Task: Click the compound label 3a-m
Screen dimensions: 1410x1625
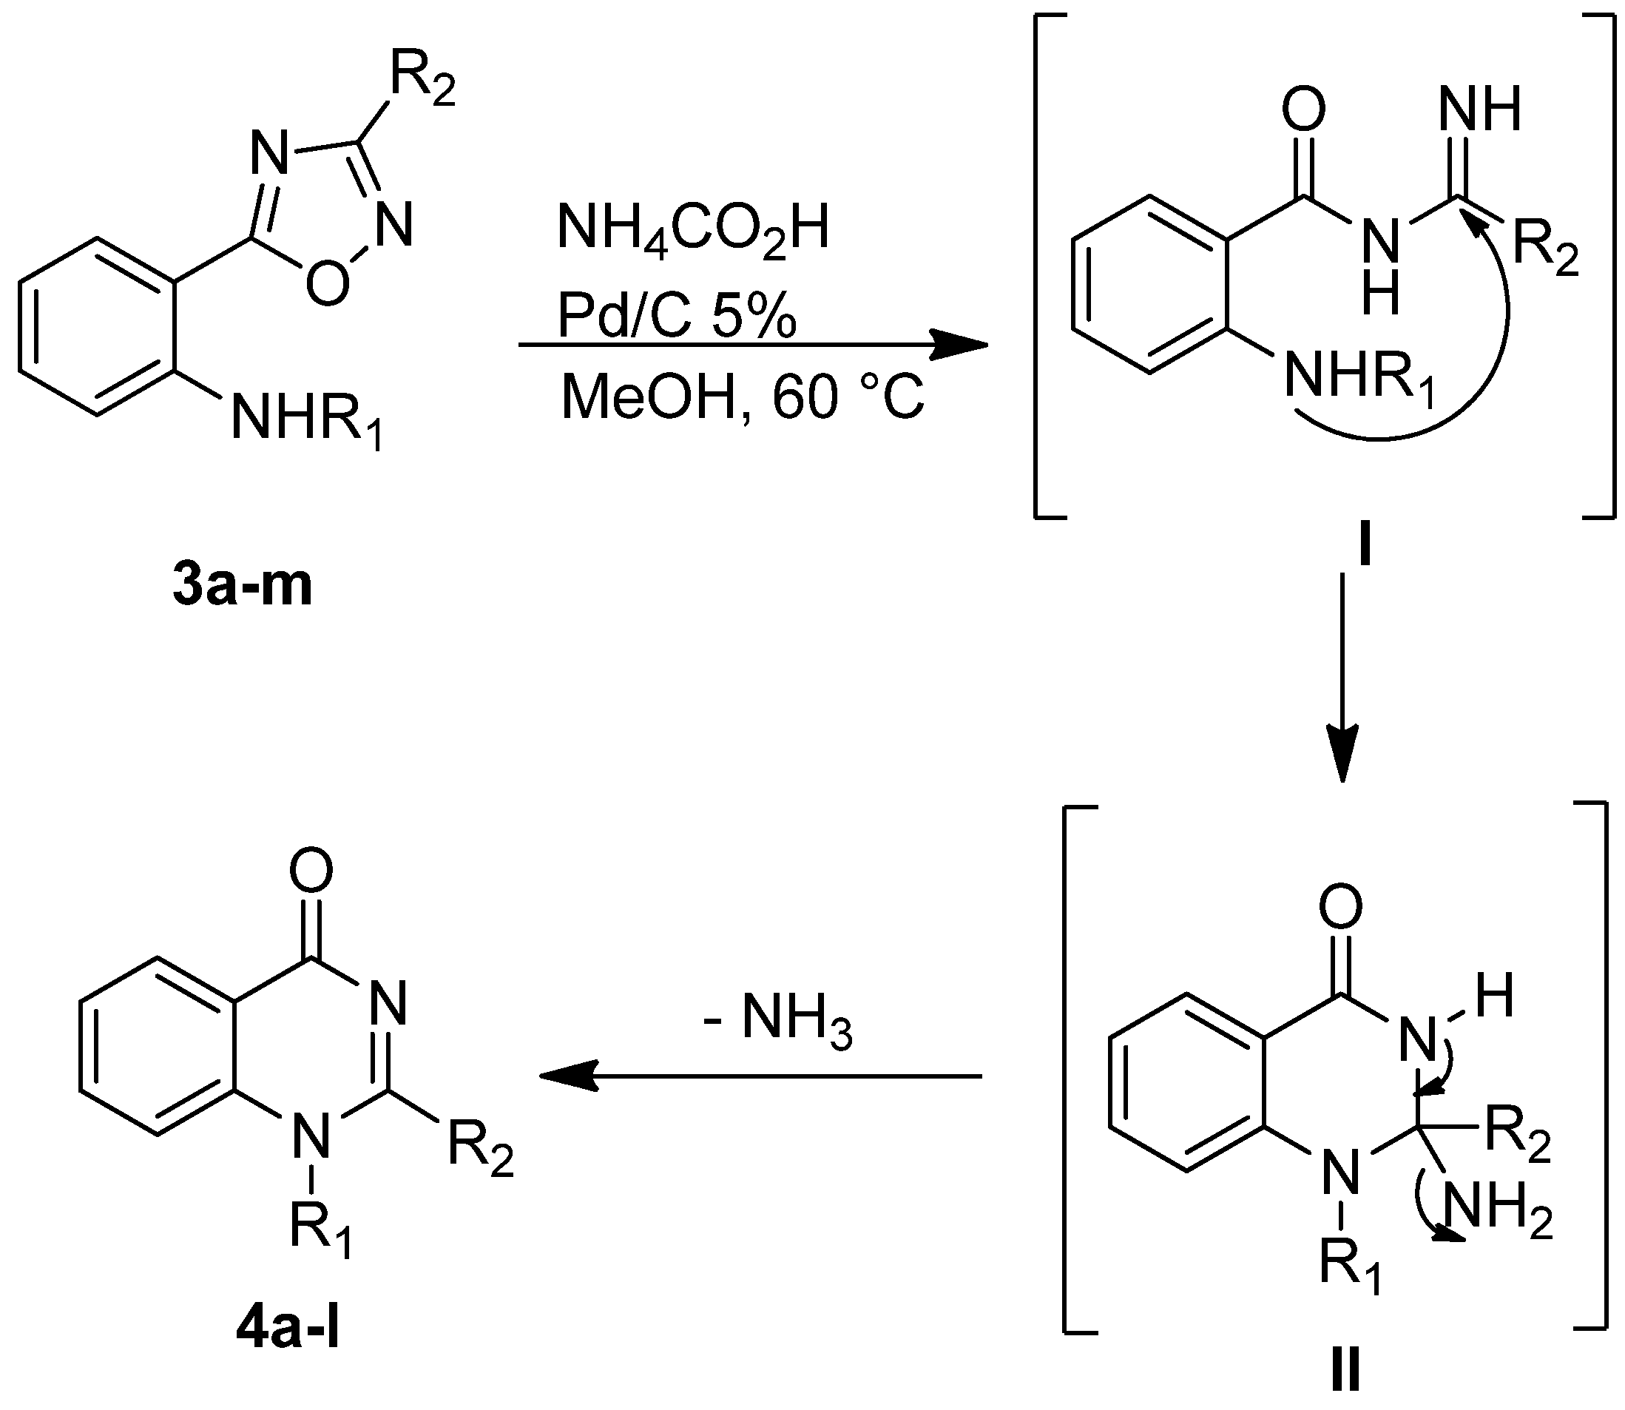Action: coord(243,586)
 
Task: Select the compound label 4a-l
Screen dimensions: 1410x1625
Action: coord(287,1333)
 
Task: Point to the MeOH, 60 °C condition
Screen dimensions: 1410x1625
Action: coord(742,397)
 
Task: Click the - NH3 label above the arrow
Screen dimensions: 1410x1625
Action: coord(778,1022)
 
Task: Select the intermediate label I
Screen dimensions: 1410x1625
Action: coord(1364,548)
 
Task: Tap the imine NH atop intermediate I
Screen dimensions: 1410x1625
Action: coord(1479,110)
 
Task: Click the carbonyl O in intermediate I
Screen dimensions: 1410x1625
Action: coord(1303,110)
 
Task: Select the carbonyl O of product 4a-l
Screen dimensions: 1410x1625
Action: coord(311,871)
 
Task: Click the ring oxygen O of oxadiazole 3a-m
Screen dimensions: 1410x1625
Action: coord(327,283)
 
